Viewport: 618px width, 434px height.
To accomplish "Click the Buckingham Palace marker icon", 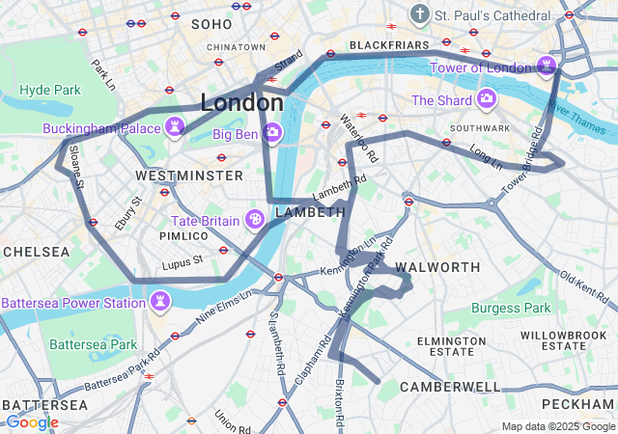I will [175, 126].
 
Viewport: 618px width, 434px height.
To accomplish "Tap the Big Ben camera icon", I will [273, 132].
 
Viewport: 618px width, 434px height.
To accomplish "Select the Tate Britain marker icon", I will [256, 220].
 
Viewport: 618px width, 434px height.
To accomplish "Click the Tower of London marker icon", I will [548, 67].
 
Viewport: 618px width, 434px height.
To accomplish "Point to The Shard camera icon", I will [486, 99].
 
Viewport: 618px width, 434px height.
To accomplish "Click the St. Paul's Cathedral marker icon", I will [419, 14].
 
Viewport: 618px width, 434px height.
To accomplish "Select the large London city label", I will [242, 101].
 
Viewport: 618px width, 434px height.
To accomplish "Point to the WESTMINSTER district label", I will [189, 176].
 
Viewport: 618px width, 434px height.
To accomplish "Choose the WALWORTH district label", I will [437, 266].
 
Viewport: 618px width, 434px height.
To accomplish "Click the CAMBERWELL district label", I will [450, 387].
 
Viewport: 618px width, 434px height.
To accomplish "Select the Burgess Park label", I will [511, 309].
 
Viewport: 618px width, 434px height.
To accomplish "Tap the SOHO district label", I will [211, 23].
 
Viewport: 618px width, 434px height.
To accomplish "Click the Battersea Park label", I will [93, 343].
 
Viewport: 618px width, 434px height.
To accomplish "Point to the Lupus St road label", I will [183, 259].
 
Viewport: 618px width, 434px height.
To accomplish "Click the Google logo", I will [31, 421].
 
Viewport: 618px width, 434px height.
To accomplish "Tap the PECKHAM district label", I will [578, 403].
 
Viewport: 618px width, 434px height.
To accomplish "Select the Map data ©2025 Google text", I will [557, 426].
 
